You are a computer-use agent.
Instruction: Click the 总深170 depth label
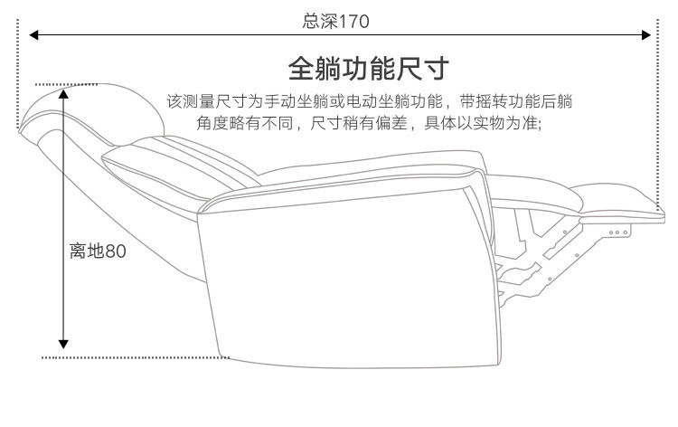tap(335, 20)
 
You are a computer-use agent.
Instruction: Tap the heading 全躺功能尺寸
tap(369, 69)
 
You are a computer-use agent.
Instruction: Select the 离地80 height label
tap(98, 251)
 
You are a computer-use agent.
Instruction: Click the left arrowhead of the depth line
tap(33, 35)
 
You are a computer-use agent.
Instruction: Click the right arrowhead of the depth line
tap(646, 35)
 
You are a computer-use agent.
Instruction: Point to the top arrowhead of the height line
tap(63, 91)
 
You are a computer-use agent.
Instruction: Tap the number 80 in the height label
tap(115, 251)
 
